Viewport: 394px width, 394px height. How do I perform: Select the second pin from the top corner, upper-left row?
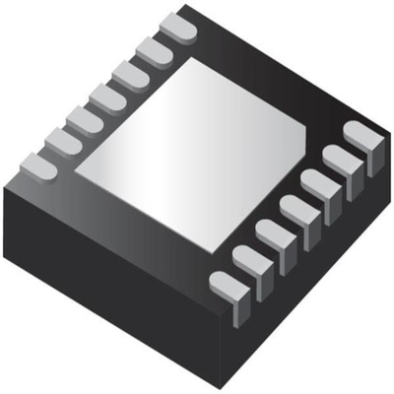point(153,50)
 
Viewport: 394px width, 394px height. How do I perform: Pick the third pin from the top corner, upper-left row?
point(129,73)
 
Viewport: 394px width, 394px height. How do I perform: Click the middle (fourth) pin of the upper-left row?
point(106,97)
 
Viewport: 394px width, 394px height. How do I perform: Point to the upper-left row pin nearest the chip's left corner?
point(37,165)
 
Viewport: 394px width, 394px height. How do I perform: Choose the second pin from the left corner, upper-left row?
point(61,143)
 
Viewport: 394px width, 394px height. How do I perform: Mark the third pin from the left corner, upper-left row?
point(84,119)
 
